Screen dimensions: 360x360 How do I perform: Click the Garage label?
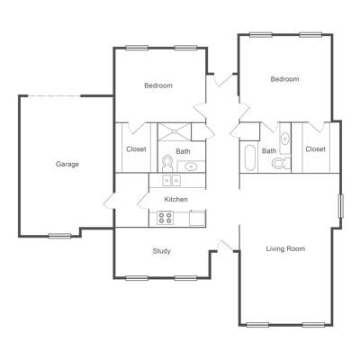67,164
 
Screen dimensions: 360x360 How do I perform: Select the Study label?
161,251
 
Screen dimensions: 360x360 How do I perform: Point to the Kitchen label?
175,199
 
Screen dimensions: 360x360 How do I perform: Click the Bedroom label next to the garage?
158,85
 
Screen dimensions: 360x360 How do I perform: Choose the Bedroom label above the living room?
284,79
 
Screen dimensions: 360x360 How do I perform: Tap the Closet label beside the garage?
136,149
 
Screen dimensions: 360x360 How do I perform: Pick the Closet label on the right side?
315,149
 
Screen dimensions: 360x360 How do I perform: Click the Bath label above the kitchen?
183,151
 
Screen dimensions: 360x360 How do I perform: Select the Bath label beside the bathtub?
269,151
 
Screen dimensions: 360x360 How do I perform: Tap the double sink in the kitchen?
197,217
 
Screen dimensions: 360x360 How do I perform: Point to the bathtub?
249,158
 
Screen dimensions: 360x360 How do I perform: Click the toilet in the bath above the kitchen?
167,163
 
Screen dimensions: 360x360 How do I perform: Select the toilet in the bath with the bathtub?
280,163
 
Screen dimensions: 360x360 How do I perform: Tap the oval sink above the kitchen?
191,166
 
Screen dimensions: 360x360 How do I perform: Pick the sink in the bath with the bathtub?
285,138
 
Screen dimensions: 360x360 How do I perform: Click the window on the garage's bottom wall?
60,236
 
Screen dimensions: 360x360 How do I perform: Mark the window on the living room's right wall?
340,205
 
